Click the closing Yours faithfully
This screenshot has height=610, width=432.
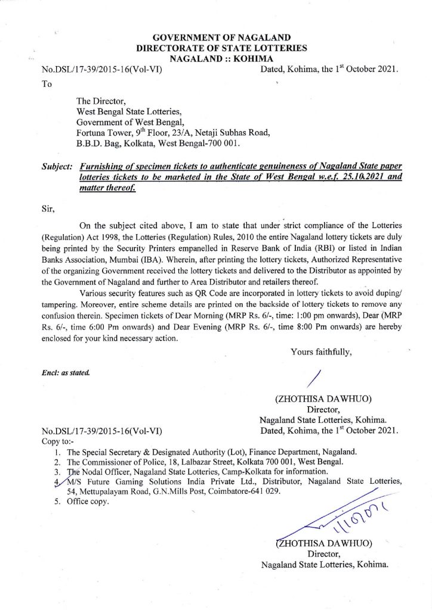click(322, 352)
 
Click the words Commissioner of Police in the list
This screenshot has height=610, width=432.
click(125, 462)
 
